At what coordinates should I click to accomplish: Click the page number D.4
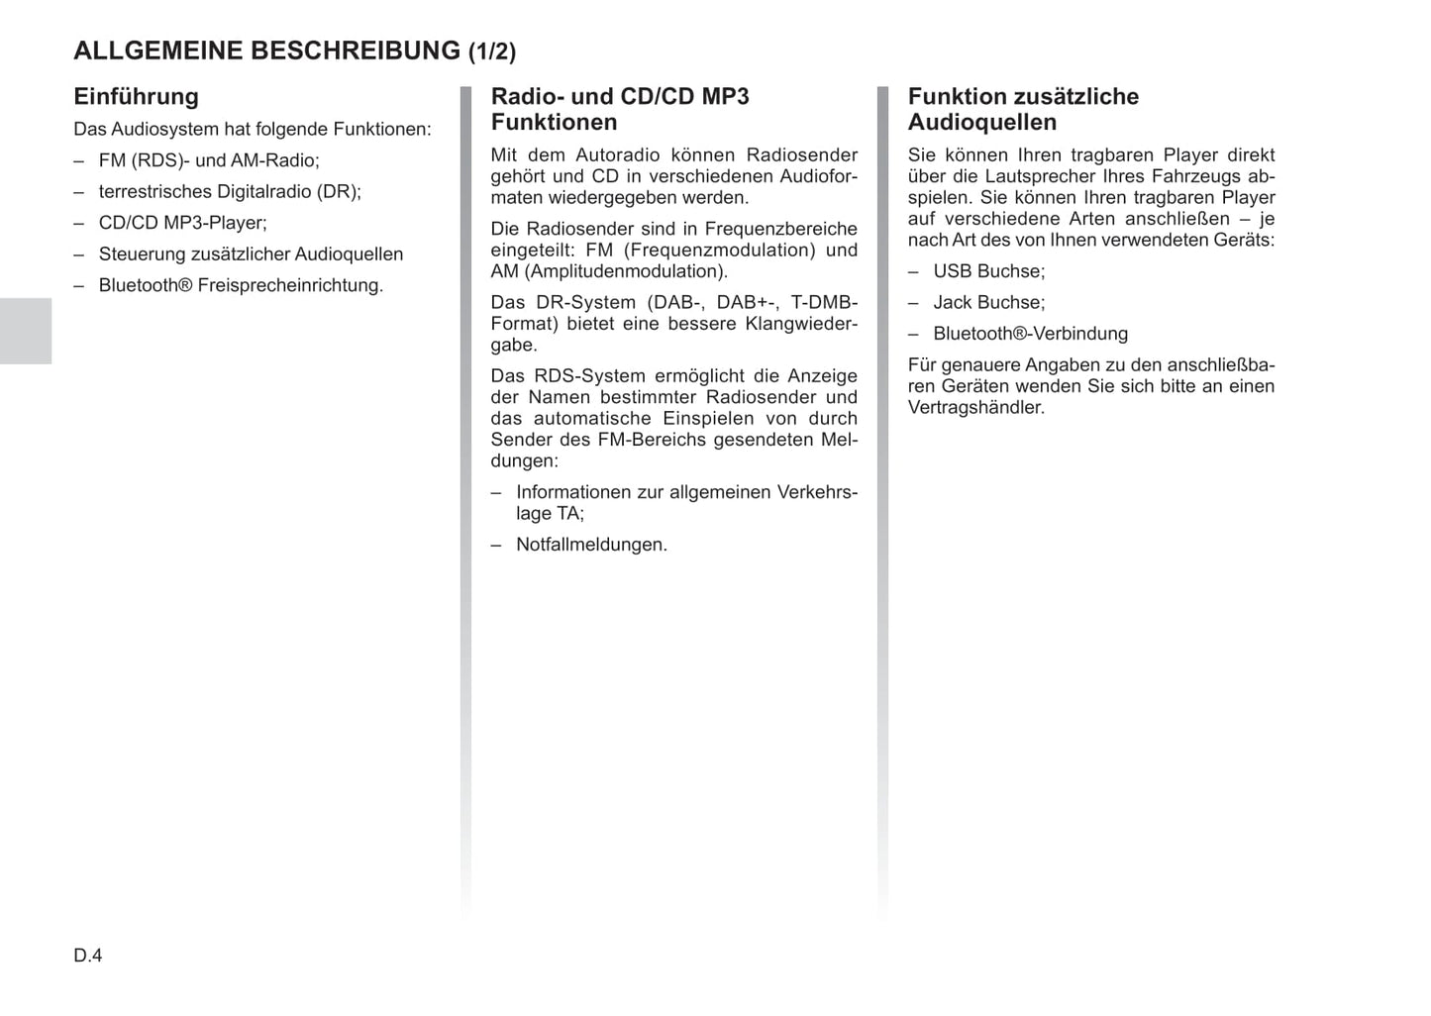click(x=88, y=956)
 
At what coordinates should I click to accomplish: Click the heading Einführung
click(x=136, y=97)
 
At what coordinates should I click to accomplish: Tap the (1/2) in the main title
click(x=492, y=51)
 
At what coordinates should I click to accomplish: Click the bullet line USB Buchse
click(x=988, y=271)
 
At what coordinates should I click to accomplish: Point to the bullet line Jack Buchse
click(x=988, y=303)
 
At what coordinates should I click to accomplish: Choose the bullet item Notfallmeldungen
click(x=591, y=545)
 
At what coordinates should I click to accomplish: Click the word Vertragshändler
click(x=975, y=408)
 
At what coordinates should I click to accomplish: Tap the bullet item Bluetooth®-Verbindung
click(x=1030, y=334)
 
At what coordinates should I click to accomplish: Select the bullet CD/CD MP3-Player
click(x=182, y=223)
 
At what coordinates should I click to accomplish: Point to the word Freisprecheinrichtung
click(x=290, y=286)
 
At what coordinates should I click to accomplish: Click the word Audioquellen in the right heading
click(x=982, y=123)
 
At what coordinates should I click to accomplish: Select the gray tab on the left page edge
click(x=26, y=331)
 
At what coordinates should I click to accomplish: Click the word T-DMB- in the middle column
click(x=824, y=303)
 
